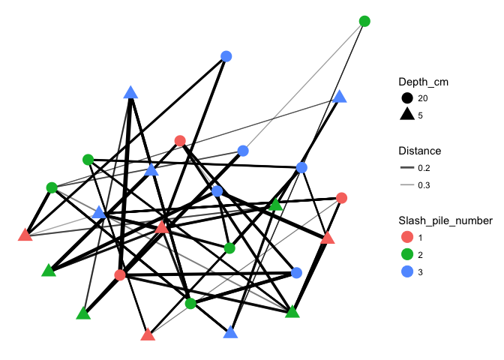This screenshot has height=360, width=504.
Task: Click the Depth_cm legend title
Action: tap(423, 82)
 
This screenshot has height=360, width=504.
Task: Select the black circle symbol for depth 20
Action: tap(407, 97)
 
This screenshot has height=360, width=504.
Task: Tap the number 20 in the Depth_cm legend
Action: tap(423, 98)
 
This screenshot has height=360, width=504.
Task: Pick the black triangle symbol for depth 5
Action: tap(407, 115)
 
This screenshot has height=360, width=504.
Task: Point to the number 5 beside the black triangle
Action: tap(420, 115)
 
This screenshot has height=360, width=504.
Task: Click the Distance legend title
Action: tap(419, 151)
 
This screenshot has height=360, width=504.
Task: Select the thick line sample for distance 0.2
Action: tap(407, 168)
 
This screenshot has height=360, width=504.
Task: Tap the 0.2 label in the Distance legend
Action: tap(424, 168)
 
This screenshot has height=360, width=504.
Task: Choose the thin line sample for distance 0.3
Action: tap(407, 185)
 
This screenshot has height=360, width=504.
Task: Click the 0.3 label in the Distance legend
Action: tap(424, 185)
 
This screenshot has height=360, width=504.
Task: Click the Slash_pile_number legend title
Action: tap(445, 220)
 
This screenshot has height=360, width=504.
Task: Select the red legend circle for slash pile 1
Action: tap(407, 237)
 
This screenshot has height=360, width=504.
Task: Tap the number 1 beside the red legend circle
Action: tap(420, 238)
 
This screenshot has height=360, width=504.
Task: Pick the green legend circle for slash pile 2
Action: tap(407, 254)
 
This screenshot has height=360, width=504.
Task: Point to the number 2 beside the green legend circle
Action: tap(420, 255)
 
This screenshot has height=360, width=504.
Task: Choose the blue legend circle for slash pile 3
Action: tap(407, 272)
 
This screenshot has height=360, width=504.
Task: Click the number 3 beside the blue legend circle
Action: tap(420, 272)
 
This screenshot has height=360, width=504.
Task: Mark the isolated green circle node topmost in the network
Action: tap(364, 21)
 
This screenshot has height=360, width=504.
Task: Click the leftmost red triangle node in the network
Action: tap(25, 235)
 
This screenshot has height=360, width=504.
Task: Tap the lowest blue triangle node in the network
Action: tap(230, 333)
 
